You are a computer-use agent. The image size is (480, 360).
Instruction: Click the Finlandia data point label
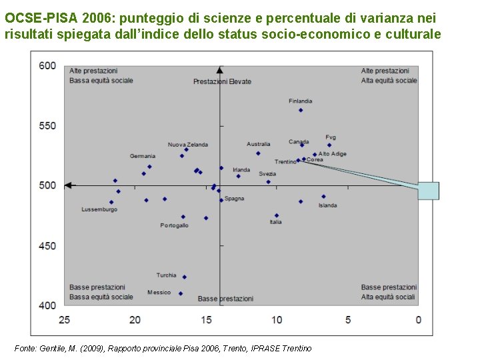(300, 101)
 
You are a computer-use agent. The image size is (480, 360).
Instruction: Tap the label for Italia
(275, 222)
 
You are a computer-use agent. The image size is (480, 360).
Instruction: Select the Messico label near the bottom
(159, 292)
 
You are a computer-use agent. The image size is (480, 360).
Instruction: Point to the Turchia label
(167, 275)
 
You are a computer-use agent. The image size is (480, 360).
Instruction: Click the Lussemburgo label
(99, 209)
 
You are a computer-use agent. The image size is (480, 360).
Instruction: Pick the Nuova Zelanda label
(187, 145)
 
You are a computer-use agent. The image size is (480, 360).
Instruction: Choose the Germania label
(143, 156)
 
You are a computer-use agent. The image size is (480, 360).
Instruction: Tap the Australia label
(258, 144)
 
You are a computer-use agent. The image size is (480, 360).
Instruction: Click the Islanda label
(327, 205)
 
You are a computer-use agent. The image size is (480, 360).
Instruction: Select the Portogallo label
(174, 225)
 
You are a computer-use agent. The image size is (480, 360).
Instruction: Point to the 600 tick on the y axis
(47, 65)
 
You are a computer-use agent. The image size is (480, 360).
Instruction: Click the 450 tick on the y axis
(47, 246)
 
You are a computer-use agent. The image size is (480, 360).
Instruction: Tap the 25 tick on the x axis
(64, 320)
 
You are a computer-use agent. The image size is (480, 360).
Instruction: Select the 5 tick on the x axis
(348, 320)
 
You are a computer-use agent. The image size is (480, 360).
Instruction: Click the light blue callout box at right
(429, 191)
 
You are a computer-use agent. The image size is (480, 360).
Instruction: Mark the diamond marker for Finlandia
(301, 110)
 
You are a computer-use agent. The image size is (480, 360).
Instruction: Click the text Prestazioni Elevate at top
(222, 81)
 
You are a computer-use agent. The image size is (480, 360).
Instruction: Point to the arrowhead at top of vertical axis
(220, 69)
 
